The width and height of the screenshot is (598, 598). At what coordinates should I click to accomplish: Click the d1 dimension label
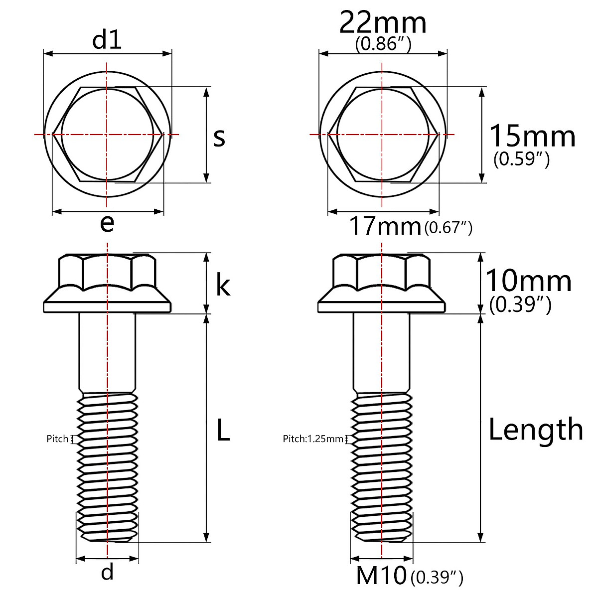pos(107,40)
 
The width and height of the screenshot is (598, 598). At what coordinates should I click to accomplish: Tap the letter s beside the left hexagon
pos(219,137)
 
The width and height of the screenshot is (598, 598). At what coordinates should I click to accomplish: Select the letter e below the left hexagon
pos(107,224)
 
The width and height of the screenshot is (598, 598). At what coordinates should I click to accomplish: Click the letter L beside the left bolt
pos(223,430)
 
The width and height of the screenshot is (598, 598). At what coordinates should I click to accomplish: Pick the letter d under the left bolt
pos(107,572)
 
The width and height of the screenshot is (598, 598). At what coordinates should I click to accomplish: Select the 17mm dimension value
pos(385,227)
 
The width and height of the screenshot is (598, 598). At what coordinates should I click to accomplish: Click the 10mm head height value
pos(528,281)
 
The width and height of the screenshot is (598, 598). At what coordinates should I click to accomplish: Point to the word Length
pos(535,430)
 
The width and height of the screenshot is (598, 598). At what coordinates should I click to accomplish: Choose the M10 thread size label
pos(381,577)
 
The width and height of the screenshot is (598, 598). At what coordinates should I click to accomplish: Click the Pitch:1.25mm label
pos(313,439)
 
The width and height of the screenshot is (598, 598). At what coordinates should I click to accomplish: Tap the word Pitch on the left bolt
pos(57,439)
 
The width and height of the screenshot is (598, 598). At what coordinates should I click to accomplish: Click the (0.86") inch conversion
pos(383,45)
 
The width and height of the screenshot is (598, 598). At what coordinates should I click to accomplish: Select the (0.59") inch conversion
pos(521,159)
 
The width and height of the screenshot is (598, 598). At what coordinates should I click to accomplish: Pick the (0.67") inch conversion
pos(448,228)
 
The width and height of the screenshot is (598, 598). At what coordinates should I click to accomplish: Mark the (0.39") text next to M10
pos(437,578)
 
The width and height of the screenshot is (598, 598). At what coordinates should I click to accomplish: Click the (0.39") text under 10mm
pos(520,304)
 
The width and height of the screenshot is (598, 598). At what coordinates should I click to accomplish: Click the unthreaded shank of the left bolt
pos(107,351)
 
